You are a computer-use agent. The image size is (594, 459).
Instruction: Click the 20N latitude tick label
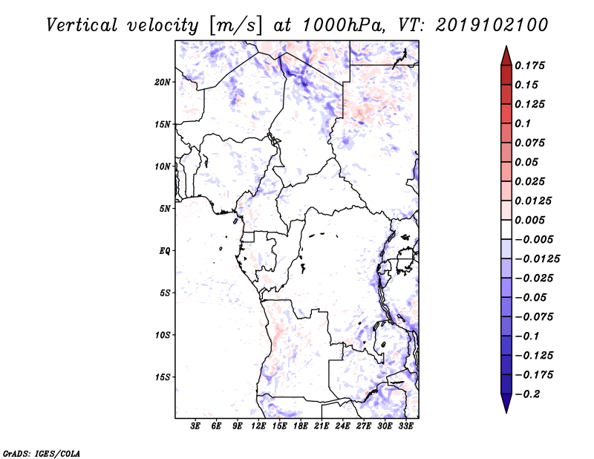tap(163, 82)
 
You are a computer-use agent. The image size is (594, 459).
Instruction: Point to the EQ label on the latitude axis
tap(165, 251)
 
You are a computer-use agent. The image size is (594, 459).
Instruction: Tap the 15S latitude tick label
tap(163, 377)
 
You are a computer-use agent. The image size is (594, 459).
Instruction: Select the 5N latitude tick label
tap(165, 209)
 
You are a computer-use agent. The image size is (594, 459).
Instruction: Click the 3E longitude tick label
tap(196, 426)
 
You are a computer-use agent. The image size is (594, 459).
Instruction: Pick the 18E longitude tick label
tap(301, 426)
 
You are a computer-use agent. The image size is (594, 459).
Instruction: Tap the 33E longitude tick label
tap(406, 426)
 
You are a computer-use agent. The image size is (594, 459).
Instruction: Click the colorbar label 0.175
tap(530, 65)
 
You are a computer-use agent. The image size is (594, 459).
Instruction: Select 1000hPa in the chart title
tap(339, 25)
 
